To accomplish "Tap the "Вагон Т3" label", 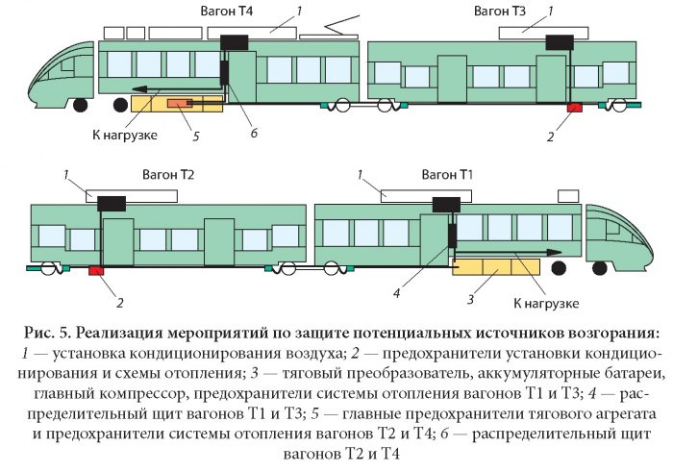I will click(501, 12).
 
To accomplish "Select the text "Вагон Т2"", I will click(168, 176).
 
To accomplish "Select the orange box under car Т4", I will click(180, 103).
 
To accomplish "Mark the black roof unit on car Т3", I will click(558, 41).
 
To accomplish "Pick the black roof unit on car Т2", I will click(111, 202).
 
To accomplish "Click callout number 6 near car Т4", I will click(255, 130).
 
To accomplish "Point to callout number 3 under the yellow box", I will click(471, 300).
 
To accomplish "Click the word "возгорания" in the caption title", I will click(600, 334).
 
